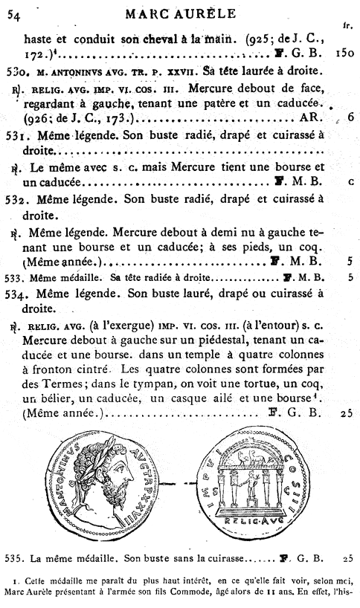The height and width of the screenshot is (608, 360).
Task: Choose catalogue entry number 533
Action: click(14, 276)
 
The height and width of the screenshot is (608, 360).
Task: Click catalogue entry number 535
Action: click(14, 555)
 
